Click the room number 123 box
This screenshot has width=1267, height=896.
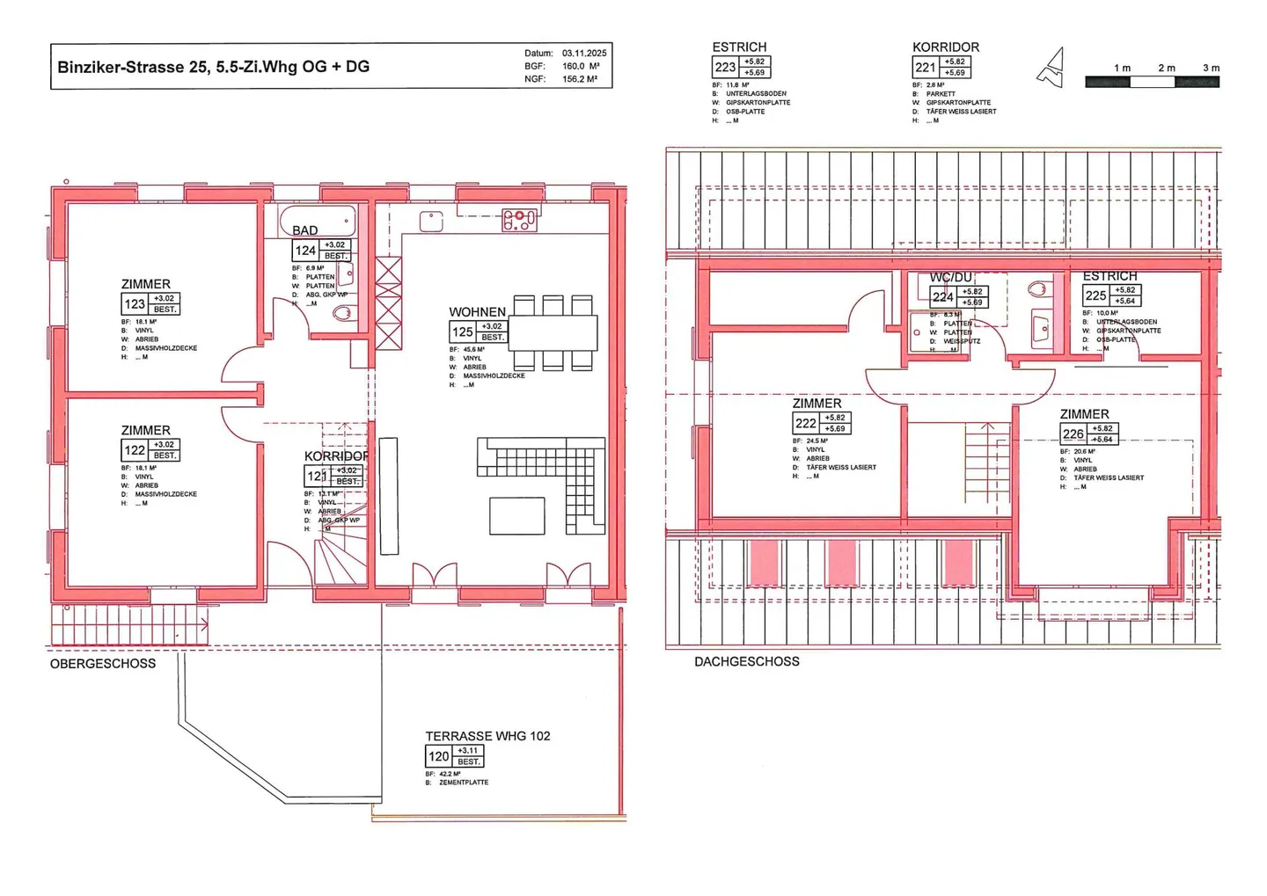135,304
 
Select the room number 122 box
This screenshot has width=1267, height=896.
135,450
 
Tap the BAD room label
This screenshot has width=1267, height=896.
304,230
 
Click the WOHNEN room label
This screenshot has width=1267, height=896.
477,312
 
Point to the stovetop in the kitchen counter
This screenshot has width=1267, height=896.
519,220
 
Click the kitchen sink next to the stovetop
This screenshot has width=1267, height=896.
431,221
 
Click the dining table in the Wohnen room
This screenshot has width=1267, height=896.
553,333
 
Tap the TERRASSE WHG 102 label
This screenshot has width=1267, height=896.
487,736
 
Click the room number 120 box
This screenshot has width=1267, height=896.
438,756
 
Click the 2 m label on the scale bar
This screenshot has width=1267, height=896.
1167,68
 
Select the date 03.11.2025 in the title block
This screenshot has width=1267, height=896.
584,53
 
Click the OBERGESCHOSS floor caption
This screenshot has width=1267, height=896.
103,664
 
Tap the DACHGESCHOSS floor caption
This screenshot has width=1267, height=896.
747,661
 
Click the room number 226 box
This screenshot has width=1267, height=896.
1073,434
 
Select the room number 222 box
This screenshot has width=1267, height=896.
805,424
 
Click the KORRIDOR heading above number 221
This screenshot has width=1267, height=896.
945,47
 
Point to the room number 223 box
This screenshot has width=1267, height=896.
725,68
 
